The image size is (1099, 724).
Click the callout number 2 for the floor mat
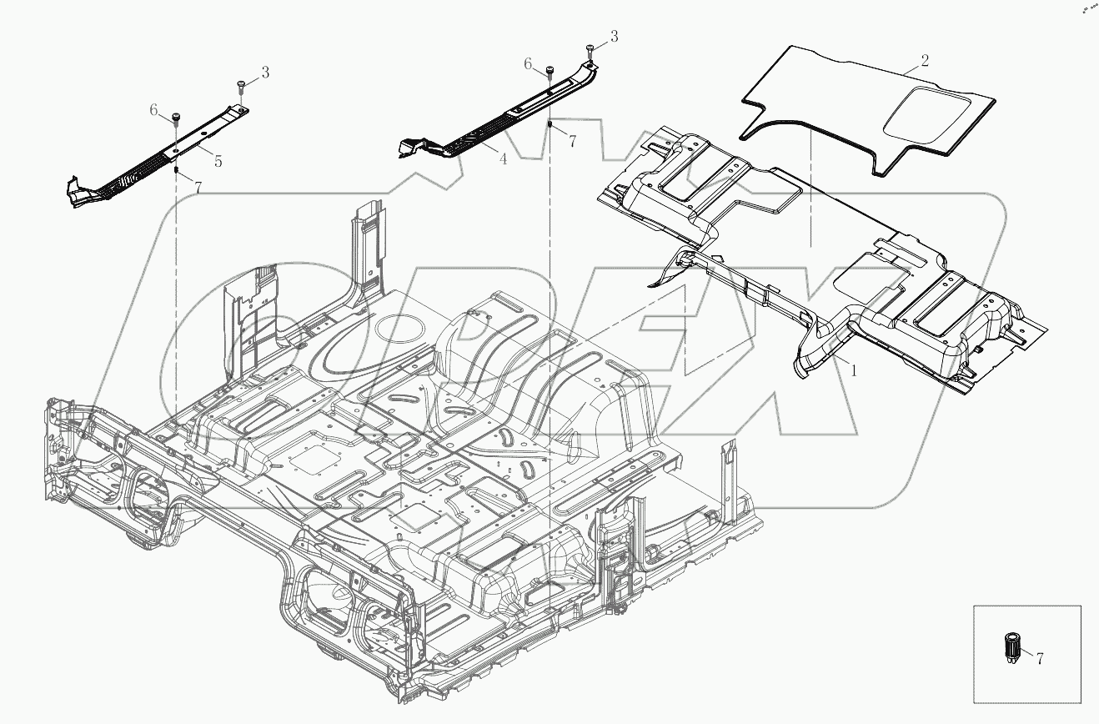click(925, 61)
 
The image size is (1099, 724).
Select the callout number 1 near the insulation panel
click(852, 373)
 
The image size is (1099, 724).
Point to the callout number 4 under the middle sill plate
click(503, 158)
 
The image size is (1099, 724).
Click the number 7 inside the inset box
click(1039, 658)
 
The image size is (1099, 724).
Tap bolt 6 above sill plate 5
click(177, 116)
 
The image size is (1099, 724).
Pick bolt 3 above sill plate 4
click(590, 48)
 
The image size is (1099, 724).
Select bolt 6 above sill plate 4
click(550, 70)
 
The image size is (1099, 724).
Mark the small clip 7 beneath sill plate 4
click(550, 124)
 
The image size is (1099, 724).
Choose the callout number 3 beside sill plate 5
click(265, 73)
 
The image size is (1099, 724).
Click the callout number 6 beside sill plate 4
click(528, 63)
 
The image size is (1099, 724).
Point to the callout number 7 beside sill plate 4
click(572, 142)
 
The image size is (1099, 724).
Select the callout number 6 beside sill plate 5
click(153, 109)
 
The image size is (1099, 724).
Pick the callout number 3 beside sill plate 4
click(615, 37)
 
